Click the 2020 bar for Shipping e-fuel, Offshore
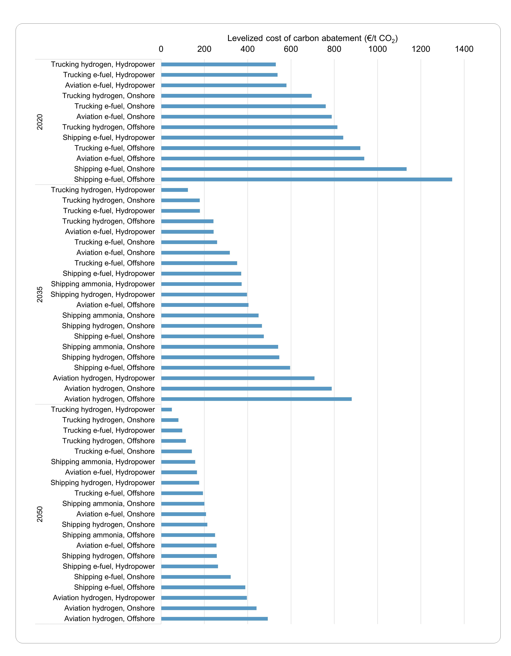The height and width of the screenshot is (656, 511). [306, 179]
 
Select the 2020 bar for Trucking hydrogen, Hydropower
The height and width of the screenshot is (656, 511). [218, 64]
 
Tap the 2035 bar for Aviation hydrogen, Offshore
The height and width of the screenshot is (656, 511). [256, 399]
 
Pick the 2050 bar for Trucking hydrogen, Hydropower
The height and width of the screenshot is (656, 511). [166, 409]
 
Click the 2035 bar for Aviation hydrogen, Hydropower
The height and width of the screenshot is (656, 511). [238, 378]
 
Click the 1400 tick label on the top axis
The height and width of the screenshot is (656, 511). [464, 49]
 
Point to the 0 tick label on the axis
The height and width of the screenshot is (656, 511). [161, 49]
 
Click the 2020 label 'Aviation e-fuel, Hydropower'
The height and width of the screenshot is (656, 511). [110, 85]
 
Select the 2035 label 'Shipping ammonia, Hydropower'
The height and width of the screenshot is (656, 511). [103, 284]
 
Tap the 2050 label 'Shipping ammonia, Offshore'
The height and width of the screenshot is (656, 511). [109, 535]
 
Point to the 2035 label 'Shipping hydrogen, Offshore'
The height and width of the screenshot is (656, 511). [108, 357]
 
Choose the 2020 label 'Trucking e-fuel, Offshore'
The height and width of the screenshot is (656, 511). [115, 148]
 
